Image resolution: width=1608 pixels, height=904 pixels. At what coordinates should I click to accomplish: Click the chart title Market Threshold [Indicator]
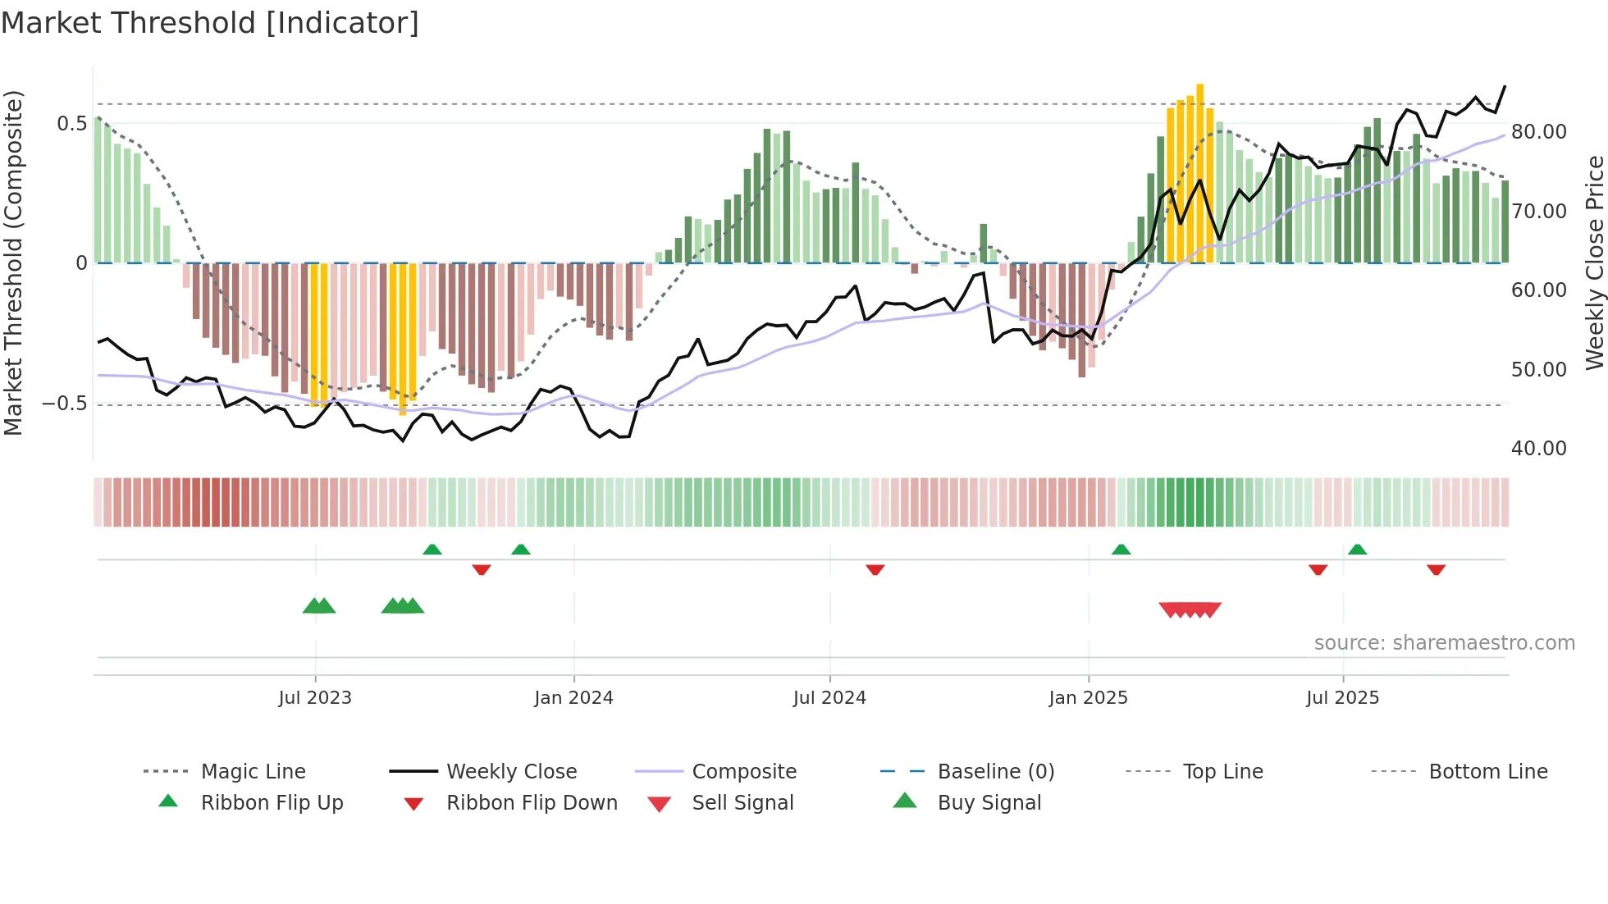[x=210, y=23]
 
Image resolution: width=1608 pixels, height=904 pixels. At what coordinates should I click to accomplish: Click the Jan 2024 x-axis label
[x=573, y=698]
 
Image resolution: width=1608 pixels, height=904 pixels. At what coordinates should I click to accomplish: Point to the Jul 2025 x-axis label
[x=1342, y=698]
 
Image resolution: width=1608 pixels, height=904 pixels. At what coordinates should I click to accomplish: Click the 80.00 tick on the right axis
[x=1538, y=132]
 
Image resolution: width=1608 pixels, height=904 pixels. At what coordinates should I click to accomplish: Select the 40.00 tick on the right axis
[x=1538, y=449]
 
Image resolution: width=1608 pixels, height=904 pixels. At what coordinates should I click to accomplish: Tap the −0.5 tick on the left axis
[x=65, y=404]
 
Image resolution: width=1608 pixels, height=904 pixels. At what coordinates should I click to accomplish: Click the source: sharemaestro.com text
[x=1444, y=643]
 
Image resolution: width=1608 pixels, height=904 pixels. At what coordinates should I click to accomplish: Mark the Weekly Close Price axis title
[x=1594, y=263]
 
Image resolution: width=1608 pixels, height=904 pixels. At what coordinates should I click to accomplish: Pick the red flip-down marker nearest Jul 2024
[x=875, y=569]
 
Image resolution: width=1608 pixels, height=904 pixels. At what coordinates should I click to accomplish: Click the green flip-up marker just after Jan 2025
[x=1121, y=549]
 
